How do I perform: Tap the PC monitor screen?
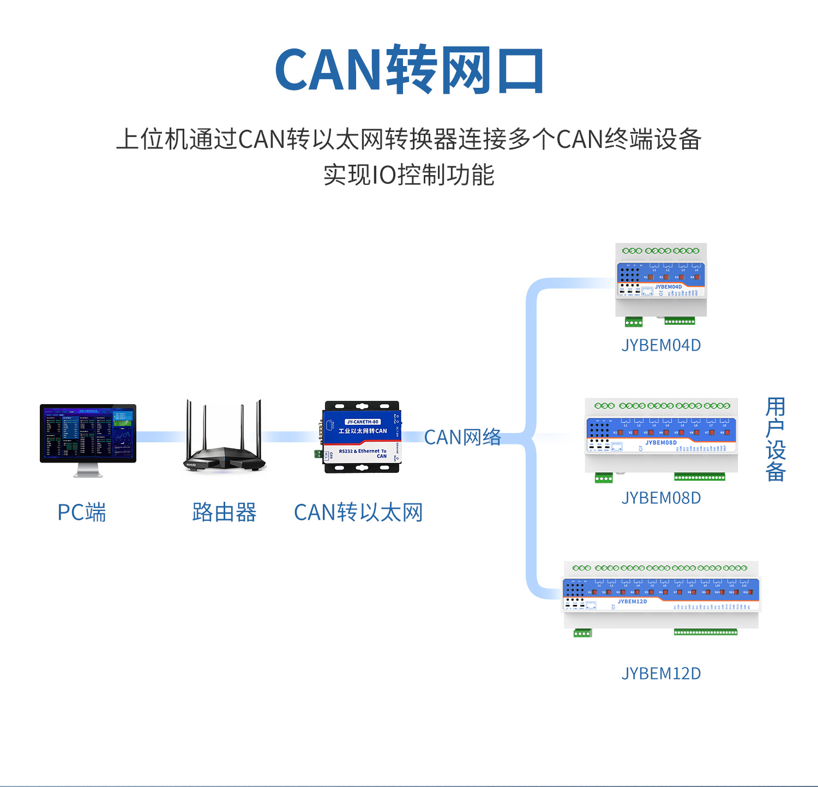click(88, 432)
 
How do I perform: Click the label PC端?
click(82, 513)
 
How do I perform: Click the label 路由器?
click(224, 513)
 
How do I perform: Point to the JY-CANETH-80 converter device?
click(363, 436)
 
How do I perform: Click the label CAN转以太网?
click(358, 513)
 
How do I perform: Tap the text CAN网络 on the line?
click(462, 437)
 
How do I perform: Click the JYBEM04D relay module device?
click(661, 281)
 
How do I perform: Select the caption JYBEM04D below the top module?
click(661, 345)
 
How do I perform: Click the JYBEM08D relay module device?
click(661, 436)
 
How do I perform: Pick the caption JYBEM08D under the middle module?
click(661, 498)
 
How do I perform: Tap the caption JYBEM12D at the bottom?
click(661, 674)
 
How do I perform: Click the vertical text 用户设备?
click(775, 439)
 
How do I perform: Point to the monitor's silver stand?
click(88, 470)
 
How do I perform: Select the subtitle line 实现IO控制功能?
click(409, 175)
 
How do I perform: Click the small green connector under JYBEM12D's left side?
click(582, 633)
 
